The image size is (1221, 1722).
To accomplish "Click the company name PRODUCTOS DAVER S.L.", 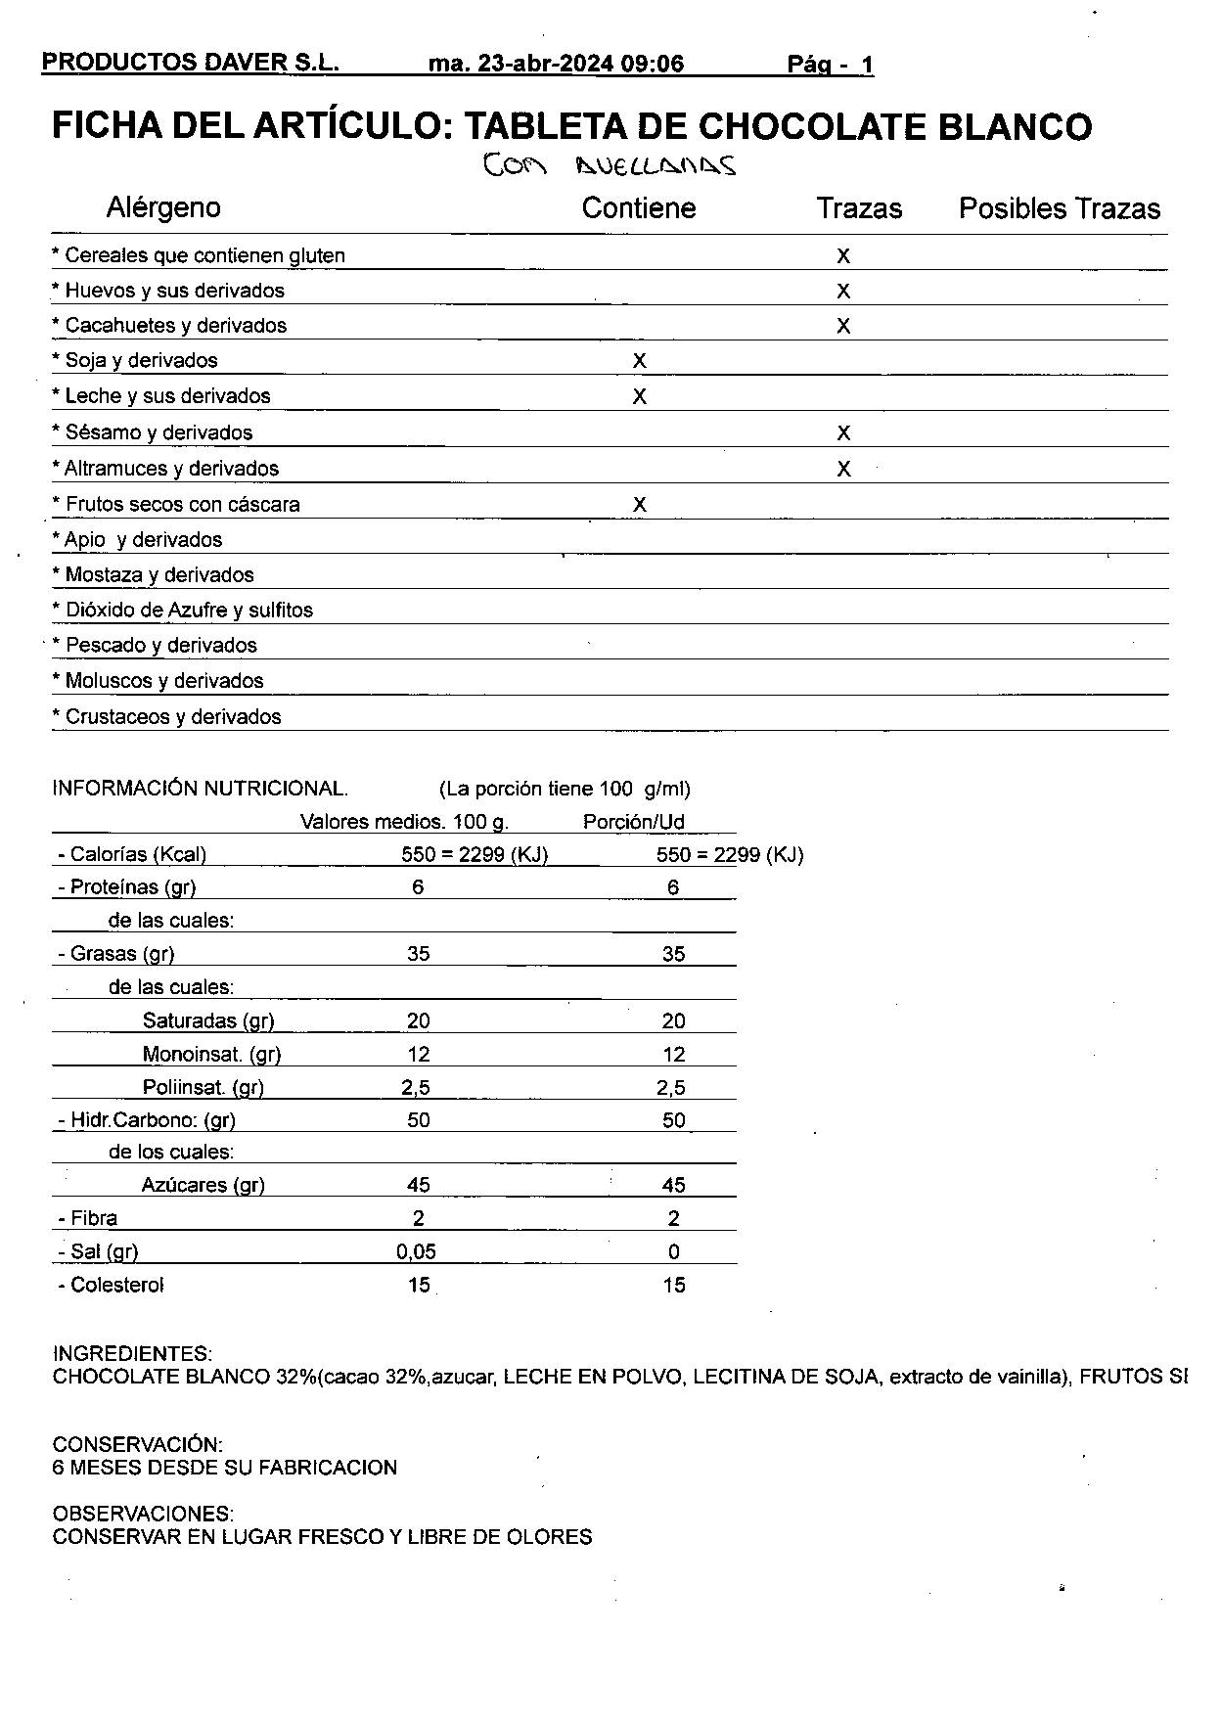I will click(190, 64).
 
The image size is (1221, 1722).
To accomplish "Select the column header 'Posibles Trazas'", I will click(1059, 208).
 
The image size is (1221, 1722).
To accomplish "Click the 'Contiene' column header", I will click(638, 208).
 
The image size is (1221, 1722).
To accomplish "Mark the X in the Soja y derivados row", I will click(639, 361).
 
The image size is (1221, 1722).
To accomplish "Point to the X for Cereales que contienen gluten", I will click(843, 256).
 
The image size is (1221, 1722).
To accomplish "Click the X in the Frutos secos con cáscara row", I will click(639, 505).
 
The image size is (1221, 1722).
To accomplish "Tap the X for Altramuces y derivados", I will click(843, 470).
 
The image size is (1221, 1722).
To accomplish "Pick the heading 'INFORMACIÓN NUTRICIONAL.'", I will click(200, 789).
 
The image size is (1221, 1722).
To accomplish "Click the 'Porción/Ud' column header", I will click(633, 822).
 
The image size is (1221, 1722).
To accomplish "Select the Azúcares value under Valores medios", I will click(418, 1186).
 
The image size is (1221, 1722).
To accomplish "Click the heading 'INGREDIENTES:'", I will click(132, 1354).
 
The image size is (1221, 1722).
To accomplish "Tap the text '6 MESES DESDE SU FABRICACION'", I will click(225, 1468).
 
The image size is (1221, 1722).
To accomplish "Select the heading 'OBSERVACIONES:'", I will click(143, 1515).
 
